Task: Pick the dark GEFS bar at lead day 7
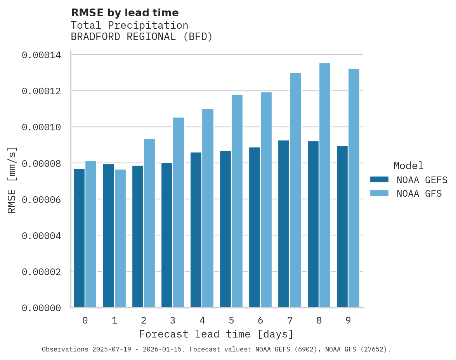[x=284, y=224]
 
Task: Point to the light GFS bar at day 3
[x=179, y=212]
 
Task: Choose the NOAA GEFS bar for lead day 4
[x=196, y=230]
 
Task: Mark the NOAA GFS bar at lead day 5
[x=237, y=201]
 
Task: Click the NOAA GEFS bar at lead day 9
[x=342, y=227]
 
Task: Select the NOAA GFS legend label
[x=419, y=193]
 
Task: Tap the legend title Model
[x=408, y=166]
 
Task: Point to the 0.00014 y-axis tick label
[x=41, y=55]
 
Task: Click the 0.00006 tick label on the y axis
[x=41, y=199]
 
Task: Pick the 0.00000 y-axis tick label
[x=41, y=308]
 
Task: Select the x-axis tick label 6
[x=260, y=320]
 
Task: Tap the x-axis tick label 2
[x=144, y=320]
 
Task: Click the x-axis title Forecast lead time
[x=216, y=334]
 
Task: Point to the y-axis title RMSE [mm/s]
[x=12, y=180]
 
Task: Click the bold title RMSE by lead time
[x=125, y=13]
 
